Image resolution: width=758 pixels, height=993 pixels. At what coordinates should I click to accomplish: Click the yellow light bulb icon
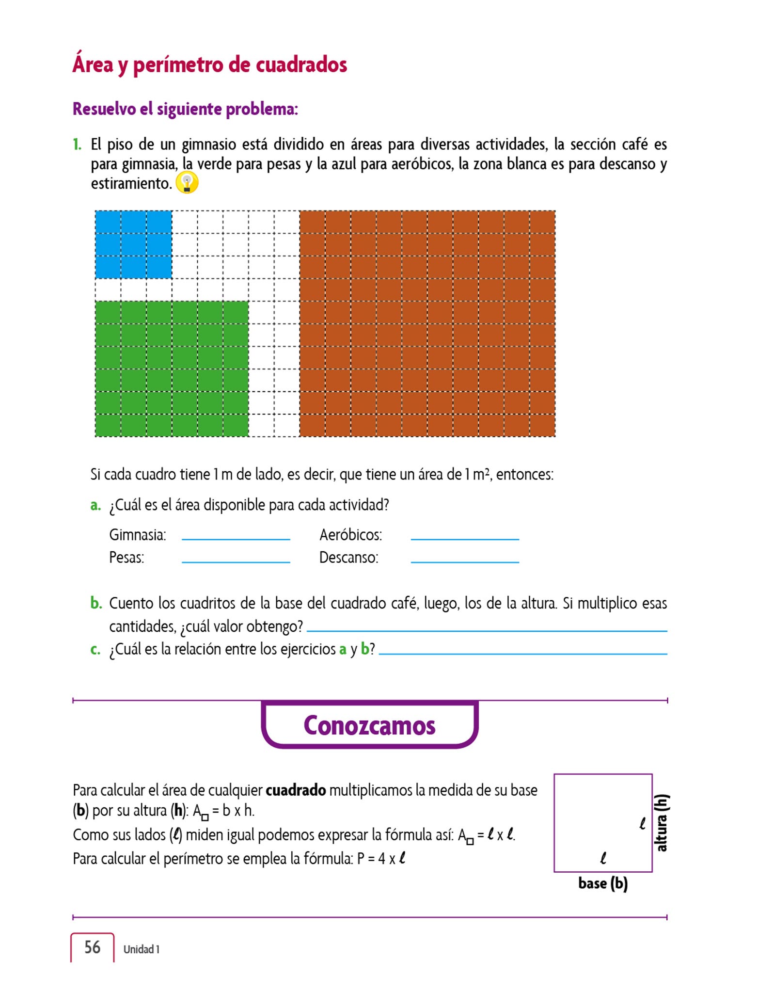point(187,183)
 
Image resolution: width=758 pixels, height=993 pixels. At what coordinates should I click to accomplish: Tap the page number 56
point(92,947)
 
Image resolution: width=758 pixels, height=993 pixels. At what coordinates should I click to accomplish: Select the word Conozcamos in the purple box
point(369,725)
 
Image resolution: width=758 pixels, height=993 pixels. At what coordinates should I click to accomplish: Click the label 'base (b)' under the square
point(602,883)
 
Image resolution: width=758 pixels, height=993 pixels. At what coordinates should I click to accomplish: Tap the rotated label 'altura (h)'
point(661,823)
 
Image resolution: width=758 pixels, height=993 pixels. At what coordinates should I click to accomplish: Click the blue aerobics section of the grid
point(133,244)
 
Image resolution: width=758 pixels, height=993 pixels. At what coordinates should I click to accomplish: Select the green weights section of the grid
point(172,368)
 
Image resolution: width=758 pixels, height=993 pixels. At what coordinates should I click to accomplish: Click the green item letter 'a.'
point(95,505)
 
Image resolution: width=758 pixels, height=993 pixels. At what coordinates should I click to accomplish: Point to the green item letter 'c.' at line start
point(95,649)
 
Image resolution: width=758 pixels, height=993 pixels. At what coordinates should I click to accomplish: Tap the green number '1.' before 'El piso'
point(77,144)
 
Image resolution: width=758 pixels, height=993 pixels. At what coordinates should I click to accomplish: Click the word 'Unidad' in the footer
point(138,949)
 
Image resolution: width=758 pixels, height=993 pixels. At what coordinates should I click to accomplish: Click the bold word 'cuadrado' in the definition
point(296,790)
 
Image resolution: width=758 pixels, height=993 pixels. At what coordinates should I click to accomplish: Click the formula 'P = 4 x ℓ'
point(381,859)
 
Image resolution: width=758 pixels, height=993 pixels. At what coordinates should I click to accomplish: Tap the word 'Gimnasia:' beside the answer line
point(138,535)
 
